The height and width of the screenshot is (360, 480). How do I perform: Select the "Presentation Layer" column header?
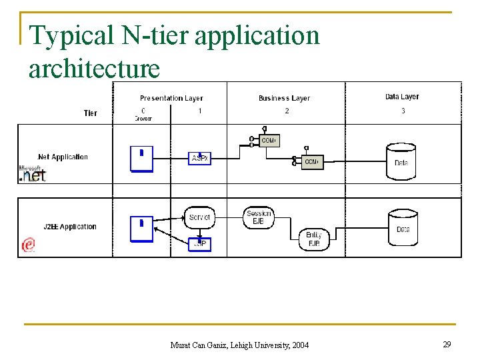pos(171,98)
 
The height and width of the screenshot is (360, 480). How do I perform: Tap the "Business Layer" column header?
pos(284,98)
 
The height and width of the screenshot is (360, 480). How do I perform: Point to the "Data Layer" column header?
pos(402,97)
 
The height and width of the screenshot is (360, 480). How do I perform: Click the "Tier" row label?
pos(90,113)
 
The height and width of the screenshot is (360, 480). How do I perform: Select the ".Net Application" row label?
pos(63,157)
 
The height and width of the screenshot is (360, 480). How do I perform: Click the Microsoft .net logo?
pos(32,174)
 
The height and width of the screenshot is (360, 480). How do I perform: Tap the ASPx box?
pos(200,158)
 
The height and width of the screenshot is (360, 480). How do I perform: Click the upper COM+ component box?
pos(269,141)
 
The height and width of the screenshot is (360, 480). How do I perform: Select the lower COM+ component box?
pos(311,162)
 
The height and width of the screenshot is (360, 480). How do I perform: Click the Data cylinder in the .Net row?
pos(401,162)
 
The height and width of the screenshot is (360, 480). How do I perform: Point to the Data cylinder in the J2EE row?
pos(403,229)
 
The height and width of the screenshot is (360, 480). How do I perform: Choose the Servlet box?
pos(199,217)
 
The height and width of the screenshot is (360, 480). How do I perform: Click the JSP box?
pos(199,244)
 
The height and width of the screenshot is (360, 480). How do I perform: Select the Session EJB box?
pos(259,217)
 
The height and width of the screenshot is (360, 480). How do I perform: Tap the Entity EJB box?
pos(313,239)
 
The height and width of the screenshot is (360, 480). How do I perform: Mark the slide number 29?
pos(447,344)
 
